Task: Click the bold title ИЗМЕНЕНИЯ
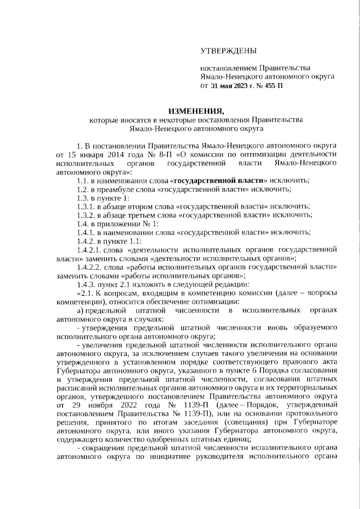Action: click(x=196, y=110)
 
